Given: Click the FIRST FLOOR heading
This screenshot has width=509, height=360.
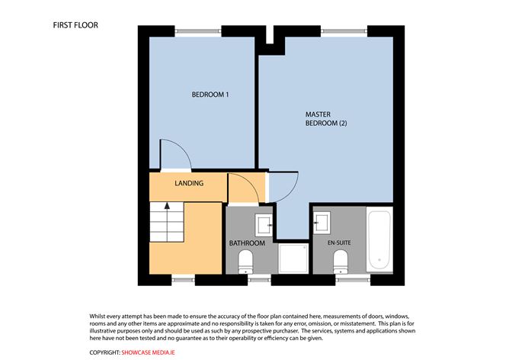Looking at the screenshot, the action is click(75, 25).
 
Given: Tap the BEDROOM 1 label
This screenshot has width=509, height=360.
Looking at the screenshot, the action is click(210, 95).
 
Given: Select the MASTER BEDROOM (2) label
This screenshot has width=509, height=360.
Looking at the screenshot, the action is click(326, 119).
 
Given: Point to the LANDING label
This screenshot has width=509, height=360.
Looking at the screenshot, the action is click(189, 183).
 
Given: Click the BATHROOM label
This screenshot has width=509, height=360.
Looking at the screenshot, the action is click(247, 243).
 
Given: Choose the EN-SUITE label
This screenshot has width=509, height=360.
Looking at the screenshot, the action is click(339, 243).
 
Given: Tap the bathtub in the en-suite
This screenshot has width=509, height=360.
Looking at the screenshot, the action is click(379, 240).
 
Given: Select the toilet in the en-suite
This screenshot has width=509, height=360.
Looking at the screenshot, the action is click(341, 262).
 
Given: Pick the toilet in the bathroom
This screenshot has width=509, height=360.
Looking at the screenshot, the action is click(245, 262).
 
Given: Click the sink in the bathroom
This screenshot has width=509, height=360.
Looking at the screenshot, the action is click(264, 224).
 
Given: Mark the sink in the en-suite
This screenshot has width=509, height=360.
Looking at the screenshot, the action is click(322, 223).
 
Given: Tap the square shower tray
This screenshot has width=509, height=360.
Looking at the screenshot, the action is click(293, 259).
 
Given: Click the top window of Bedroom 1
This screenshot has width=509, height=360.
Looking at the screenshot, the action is click(198, 31).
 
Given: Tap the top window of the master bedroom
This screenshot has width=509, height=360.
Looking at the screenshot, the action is click(344, 31).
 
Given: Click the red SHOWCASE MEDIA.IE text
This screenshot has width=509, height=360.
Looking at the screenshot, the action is click(148, 352).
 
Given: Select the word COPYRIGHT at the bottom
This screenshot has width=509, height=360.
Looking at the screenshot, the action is click(105, 352).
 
